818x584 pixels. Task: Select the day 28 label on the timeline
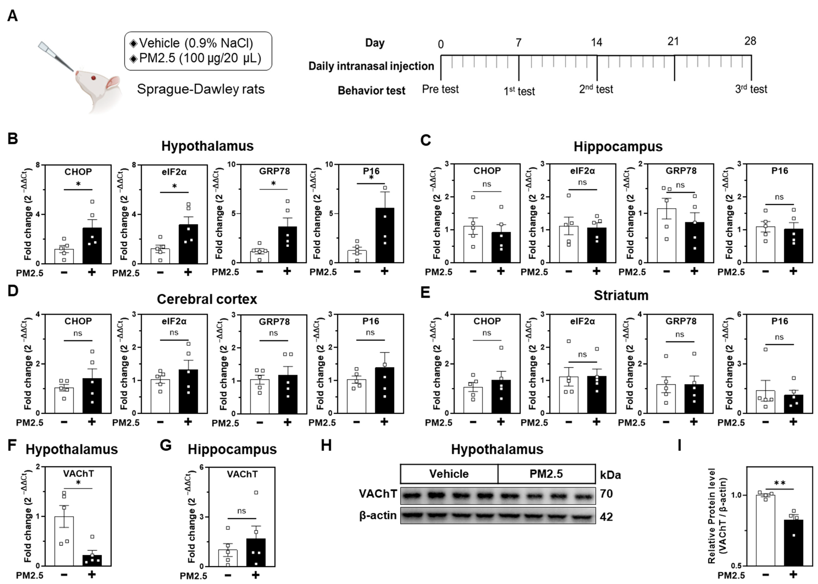coord(750,41)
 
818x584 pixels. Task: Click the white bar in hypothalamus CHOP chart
coord(64,256)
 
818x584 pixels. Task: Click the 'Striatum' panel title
coord(621,295)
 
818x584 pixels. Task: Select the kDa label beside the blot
coord(610,475)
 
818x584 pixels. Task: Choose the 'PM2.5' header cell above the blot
coord(546,474)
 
